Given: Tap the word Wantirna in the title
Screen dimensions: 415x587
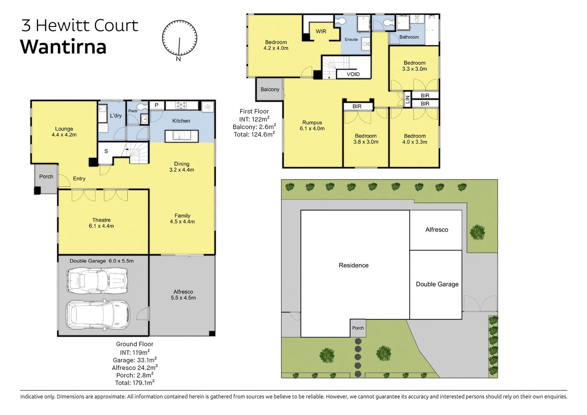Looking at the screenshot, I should tap(63, 47).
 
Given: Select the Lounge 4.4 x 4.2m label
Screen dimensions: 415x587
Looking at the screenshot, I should tap(64, 132).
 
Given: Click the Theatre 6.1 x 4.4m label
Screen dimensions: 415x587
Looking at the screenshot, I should tap(101, 223).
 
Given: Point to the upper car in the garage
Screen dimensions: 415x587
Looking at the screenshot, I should tap(97, 281).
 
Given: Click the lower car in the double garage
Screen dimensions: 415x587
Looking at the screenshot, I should tap(98, 315).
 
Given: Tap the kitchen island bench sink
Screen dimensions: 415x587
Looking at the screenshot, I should tap(179, 135).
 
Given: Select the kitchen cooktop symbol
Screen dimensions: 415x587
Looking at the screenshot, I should tap(181, 105).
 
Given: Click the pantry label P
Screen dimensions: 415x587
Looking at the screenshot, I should tap(157, 105).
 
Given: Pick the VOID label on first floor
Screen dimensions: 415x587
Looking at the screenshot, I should tap(353, 74).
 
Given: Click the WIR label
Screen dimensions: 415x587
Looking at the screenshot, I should tap(321, 32).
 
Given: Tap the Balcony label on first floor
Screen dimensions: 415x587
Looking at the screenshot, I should tap(270, 89).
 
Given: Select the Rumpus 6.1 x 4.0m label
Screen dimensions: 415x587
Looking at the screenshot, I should tap(312, 126).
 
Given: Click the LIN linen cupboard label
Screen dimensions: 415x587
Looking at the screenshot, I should tap(407, 99).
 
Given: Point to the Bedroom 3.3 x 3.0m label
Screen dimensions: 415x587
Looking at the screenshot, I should tap(415, 66).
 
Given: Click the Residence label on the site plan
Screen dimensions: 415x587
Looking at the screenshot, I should tap(354, 265).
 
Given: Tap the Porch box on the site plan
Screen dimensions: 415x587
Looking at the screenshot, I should tap(358, 328).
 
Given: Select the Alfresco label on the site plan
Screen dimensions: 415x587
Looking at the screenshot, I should tap(437, 229).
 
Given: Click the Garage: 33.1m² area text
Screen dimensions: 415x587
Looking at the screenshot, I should tap(135, 360).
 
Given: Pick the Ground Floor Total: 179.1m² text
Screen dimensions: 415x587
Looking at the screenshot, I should tap(135, 383).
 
